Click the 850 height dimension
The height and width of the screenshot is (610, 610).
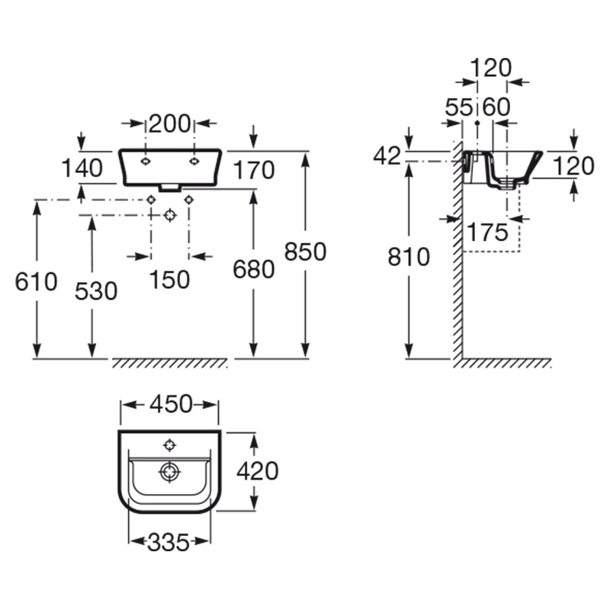[306, 252]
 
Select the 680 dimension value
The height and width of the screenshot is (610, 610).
[254, 269]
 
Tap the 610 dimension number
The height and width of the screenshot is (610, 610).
[36, 281]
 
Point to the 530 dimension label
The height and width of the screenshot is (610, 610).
[96, 291]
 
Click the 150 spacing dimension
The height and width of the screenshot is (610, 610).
[169, 279]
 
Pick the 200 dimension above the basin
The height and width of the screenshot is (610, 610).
[169, 124]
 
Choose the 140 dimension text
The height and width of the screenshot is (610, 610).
[82, 168]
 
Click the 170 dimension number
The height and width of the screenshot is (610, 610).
[254, 170]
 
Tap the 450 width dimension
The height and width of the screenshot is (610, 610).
[171, 404]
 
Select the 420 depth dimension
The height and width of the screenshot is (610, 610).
[258, 471]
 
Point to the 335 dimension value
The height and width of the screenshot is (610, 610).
[168, 542]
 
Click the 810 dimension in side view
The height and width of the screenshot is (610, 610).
[409, 256]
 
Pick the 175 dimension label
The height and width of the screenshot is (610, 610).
[487, 233]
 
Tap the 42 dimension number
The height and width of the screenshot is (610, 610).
[387, 156]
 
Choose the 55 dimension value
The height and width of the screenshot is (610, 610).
[459, 107]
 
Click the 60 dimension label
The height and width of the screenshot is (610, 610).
[496, 107]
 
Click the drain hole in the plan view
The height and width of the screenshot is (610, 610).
[169, 472]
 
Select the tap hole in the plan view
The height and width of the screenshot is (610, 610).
[169, 445]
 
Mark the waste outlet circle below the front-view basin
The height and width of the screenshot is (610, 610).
[170, 215]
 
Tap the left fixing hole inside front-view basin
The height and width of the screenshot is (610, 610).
[146, 162]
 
